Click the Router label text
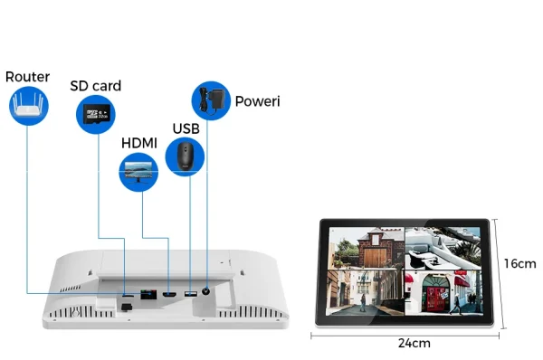[x=27, y=77]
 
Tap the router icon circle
[x=28, y=107]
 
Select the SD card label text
[x=95, y=86]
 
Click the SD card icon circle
[x=95, y=113]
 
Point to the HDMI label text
[x=139, y=144]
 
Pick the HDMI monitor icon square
[x=139, y=169]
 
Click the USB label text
[x=186, y=128]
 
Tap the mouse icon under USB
[x=186, y=155]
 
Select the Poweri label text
[x=257, y=100]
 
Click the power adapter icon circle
[x=210, y=99]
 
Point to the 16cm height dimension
[x=520, y=263]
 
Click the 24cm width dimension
[x=410, y=343]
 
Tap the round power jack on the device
[x=210, y=292]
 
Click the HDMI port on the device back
[x=169, y=294]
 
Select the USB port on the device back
[x=190, y=293]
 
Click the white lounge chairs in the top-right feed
[x=443, y=246]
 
